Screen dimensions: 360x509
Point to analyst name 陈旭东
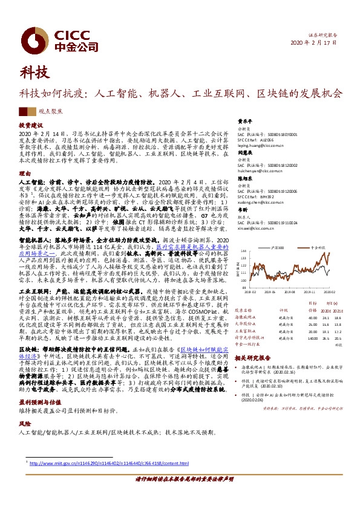244,178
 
